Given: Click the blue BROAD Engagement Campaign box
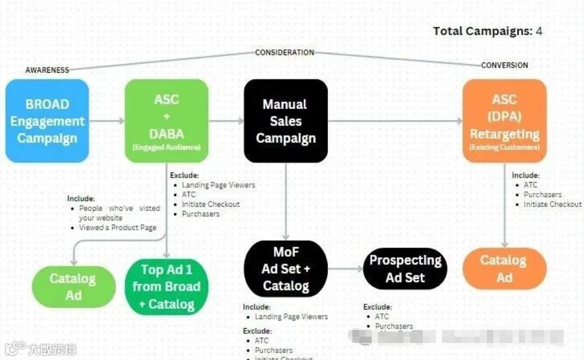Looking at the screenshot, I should pyautogui.click(x=47, y=121).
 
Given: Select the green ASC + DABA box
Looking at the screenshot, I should pyautogui.click(x=167, y=121).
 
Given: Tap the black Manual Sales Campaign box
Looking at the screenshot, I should pyautogui.click(x=285, y=121).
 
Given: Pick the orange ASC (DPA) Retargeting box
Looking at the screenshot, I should pyautogui.click(x=504, y=121).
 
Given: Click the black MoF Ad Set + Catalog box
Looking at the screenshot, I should pyautogui.click(x=285, y=269).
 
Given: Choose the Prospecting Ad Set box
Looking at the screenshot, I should pyautogui.click(x=405, y=269).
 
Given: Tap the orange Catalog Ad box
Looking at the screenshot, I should pyautogui.click(x=504, y=269).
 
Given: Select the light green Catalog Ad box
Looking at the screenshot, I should pyautogui.click(x=73, y=287).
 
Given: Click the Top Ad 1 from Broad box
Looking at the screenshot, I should pyautogui.click(x=166, y=287).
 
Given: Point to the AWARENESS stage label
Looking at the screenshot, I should pyautogui.click(x=47, y=70).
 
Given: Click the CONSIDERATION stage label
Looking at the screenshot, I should pyautogui.click(x=284, y=52).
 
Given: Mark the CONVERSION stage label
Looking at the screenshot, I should pyautogui.click(x=504, y=65).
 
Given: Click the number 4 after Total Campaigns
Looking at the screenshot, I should pyautogui.click(x=539, y=31).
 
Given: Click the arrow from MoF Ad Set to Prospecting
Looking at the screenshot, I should pyautogui.click(x=346, y=269).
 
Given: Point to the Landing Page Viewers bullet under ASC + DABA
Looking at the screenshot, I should pyautogui.click(x=218, y=185).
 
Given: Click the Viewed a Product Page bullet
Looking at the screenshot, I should pyautogui.click(x=117, y=228).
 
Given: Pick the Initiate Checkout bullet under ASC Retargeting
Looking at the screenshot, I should pyautogui.click(x=552, y=204).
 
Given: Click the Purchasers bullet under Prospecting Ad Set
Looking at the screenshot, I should pyautogui.click(x=393, y=326).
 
